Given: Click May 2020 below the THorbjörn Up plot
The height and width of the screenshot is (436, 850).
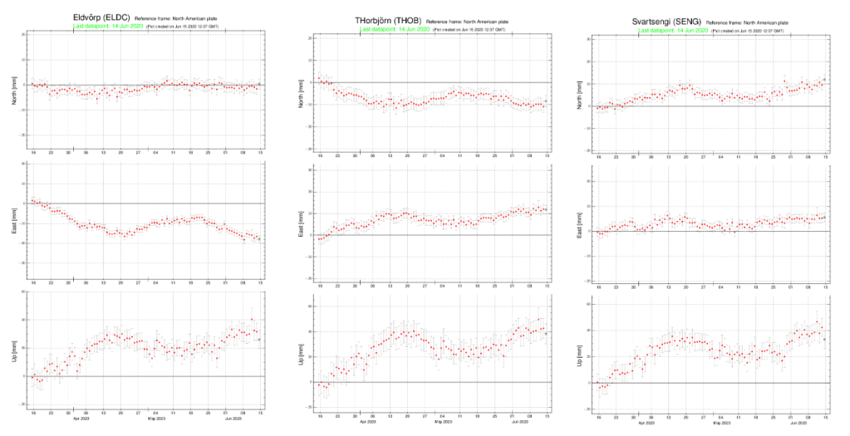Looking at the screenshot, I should pos(442,422).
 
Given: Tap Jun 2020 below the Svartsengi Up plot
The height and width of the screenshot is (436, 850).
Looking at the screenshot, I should pos(798,422).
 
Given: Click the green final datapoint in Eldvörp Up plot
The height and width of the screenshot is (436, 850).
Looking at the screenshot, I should pos(259,339).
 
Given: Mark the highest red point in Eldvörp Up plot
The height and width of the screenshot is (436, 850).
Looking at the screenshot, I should pos(252,320).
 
